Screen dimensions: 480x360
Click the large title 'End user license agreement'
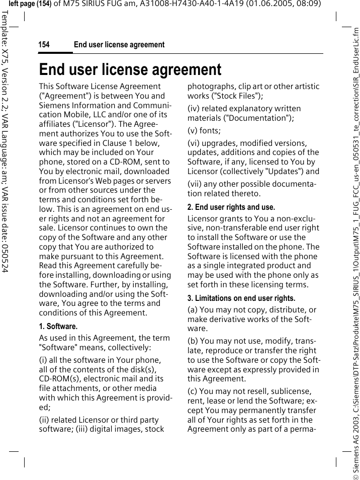point(130,69)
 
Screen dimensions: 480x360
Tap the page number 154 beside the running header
point(44,45)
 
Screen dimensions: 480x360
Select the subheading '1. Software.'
point(58,327)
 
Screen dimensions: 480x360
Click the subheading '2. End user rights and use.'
point(231,207)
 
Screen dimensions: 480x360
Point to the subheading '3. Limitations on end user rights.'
point(241,298)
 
